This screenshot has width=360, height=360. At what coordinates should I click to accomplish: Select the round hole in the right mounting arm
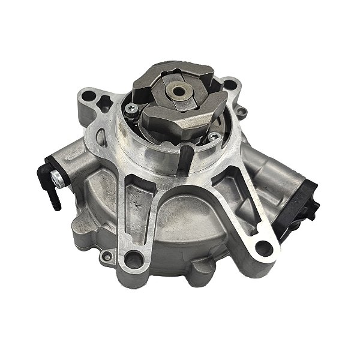(261, 246)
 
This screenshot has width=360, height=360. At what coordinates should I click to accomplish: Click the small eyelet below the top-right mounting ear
(242, 112)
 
